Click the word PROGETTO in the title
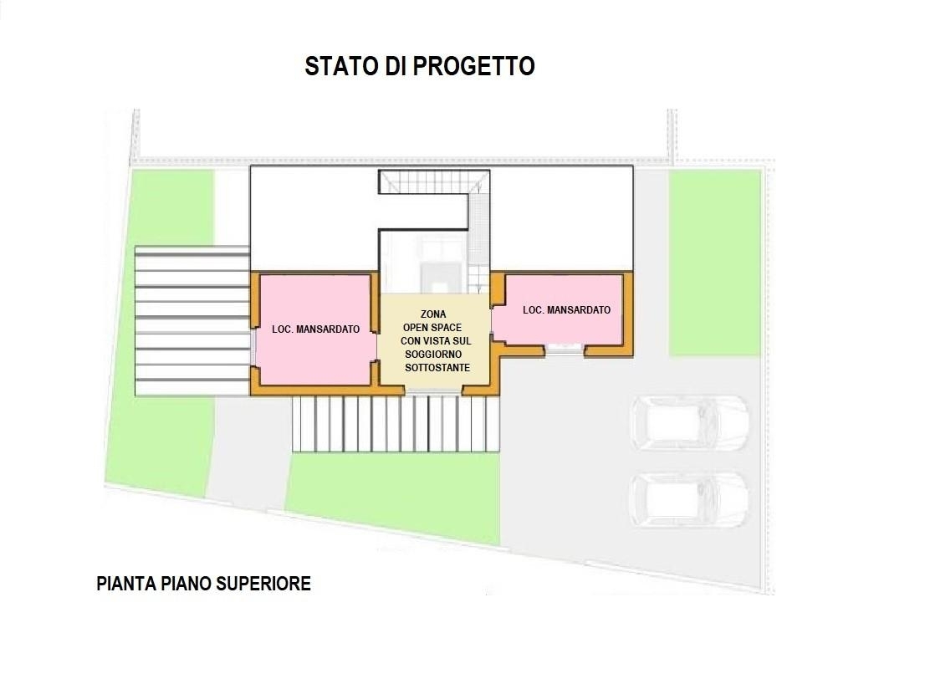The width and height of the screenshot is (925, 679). click(473, 66)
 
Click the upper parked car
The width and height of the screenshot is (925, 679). click(689, 423)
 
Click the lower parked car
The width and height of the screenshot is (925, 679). click(689, 500)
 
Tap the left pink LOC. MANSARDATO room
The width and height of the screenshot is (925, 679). click(315, 329)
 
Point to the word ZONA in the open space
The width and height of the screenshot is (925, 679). click(433, 314)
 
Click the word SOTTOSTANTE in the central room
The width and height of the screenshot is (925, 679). click(437, 368)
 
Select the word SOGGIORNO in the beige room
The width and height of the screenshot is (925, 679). click(433, 354)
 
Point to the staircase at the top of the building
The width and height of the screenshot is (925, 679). click(433, 181)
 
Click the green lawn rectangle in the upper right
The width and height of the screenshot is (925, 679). click(714, 263)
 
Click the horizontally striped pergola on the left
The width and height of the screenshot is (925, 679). click(192, 320)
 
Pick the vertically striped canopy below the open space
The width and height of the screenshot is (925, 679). click(396, 424)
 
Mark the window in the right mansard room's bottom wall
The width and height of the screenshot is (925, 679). click(564, 350)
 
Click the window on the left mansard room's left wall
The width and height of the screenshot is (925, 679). click(253, 347)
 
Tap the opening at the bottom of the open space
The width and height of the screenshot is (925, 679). click(433, 390)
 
